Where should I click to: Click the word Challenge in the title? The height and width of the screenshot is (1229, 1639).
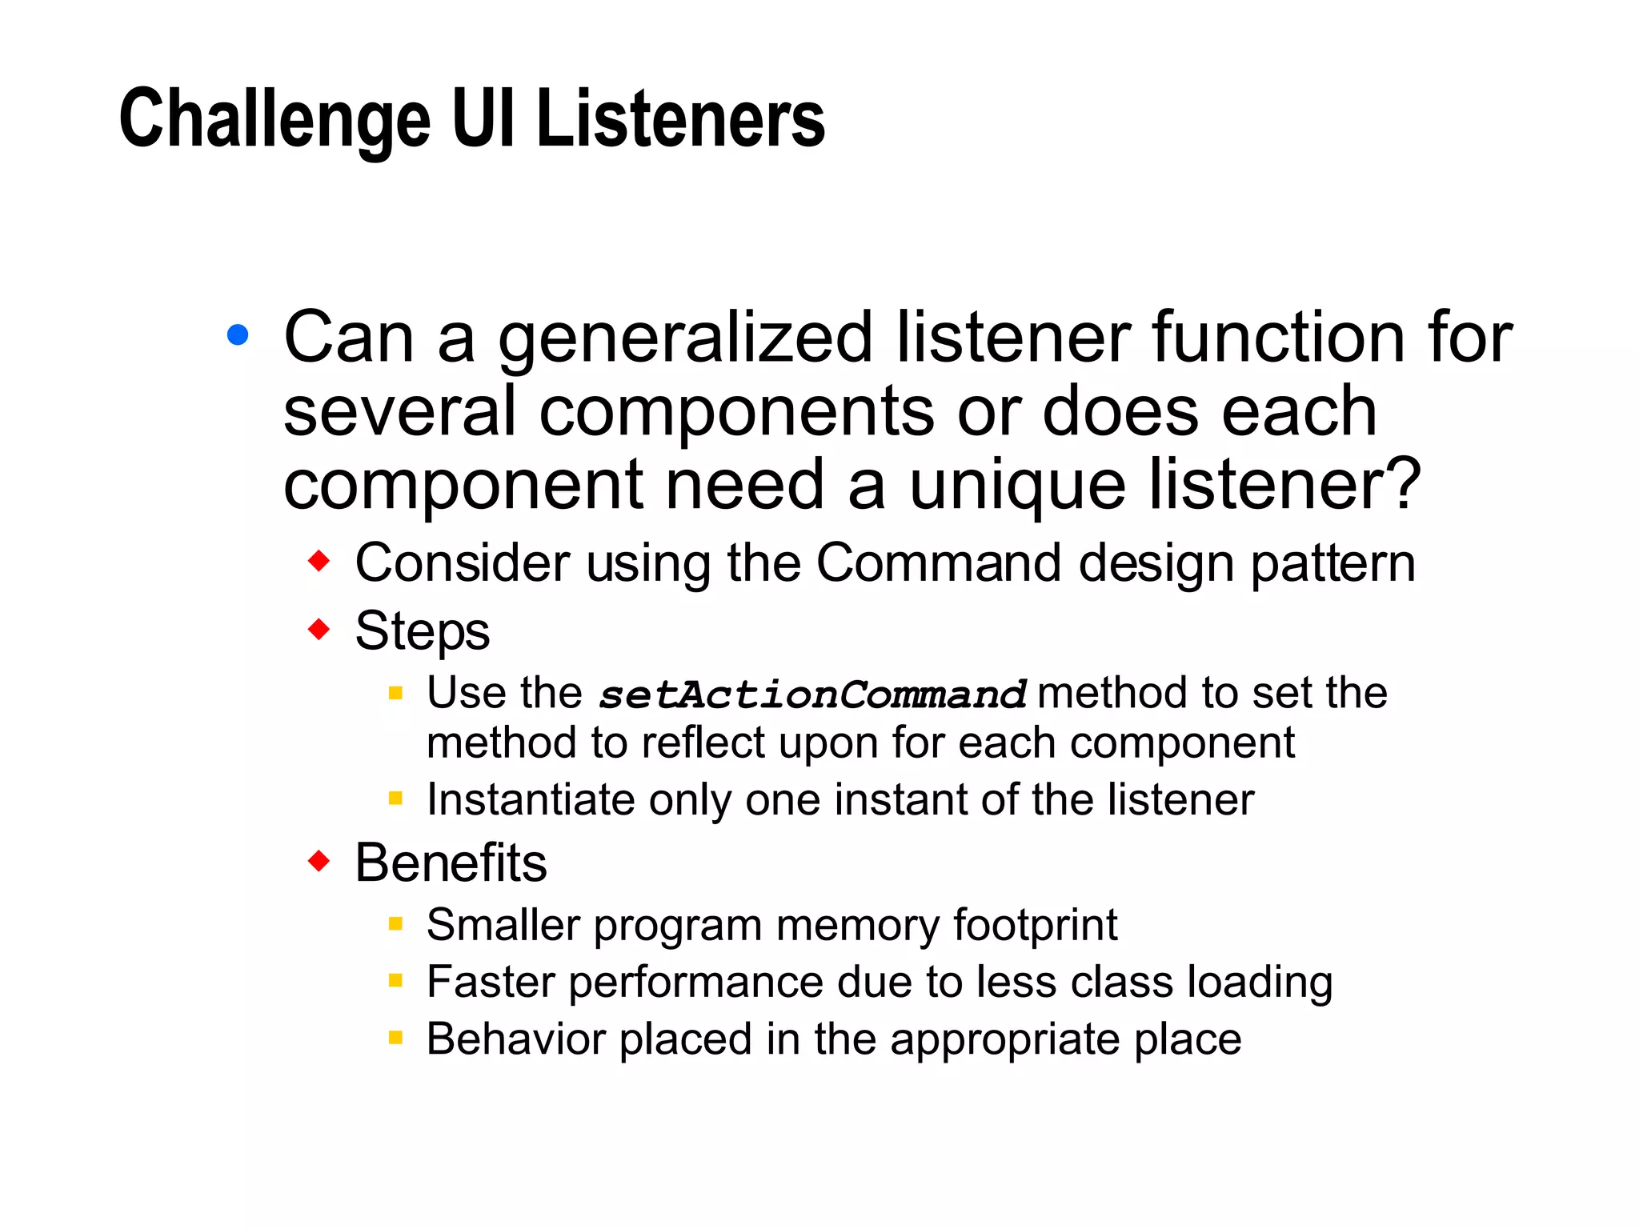[275, 120]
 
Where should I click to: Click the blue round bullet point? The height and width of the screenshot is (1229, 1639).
[238, 334]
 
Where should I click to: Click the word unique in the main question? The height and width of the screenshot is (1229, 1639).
[1017, 486]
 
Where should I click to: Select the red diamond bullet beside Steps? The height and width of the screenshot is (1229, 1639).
[319, 629]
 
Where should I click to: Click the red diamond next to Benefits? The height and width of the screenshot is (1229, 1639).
[319, 862]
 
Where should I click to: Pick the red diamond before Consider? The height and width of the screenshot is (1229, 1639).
[319, 561]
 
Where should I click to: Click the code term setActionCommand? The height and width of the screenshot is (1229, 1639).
[811, 695]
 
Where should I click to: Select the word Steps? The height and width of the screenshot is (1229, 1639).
[422, 631]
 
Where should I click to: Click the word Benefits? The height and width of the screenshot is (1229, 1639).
[451, 863]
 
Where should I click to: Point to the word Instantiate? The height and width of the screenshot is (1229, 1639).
[531, 799]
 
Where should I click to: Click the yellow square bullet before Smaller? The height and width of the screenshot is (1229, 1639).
[395, 924]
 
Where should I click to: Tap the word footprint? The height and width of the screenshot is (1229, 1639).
[1035, 926]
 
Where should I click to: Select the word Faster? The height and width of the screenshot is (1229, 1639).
[491, 982]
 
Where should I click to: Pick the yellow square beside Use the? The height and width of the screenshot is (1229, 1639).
[395, 693]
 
